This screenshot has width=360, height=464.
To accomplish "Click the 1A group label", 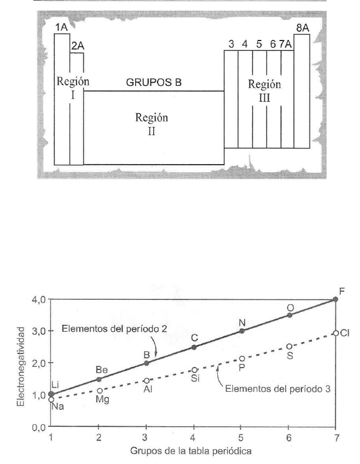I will coord(61,27).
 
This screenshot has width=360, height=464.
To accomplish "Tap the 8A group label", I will coord(302,27).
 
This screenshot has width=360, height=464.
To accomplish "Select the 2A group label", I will coord(77,46).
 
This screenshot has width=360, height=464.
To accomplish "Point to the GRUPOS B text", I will coord(154,83).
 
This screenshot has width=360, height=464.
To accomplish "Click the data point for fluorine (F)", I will coord(335,299).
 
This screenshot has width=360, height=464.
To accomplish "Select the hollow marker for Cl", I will coord(335,333).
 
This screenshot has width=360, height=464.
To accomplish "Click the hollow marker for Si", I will coord(194,370).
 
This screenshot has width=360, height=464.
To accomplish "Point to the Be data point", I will coord(98,379).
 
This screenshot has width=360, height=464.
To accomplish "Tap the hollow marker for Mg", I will coord(98,391).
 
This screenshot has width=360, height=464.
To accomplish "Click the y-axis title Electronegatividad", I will coord(20,364).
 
